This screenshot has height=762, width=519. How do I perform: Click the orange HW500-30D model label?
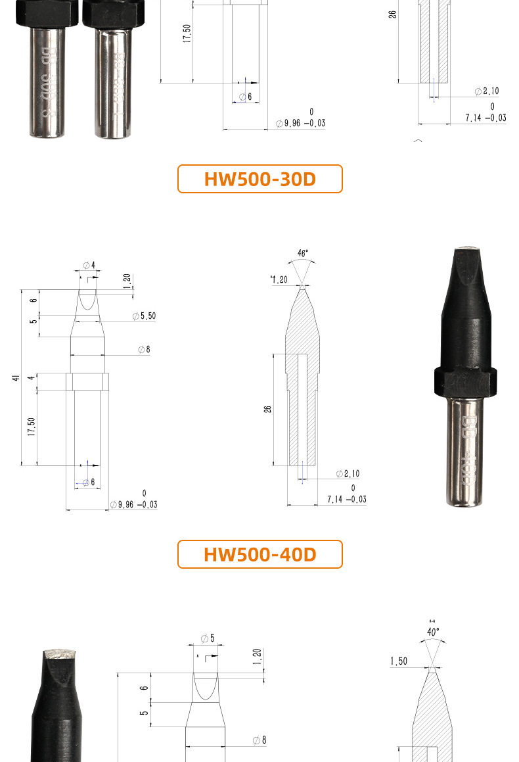[x=259, y=179]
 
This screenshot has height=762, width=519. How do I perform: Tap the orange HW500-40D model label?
[x=259, y=554]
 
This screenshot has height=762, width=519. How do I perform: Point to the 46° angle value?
[x=302, y=253]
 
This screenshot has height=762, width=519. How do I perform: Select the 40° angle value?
[x=433, y=632]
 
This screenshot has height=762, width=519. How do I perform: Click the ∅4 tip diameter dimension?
[x=89, y=265]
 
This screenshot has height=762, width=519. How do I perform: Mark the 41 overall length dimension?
[x=14, y=378]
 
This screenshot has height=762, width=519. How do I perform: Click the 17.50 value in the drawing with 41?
[x=31, y=427]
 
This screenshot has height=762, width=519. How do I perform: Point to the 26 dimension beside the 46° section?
[x=267, y=409]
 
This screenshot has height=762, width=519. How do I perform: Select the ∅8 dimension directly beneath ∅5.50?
[x=144, y=350]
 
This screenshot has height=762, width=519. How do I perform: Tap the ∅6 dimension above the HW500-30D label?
[x=245, y=97]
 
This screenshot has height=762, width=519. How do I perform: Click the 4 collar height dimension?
[x=31, y=378]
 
